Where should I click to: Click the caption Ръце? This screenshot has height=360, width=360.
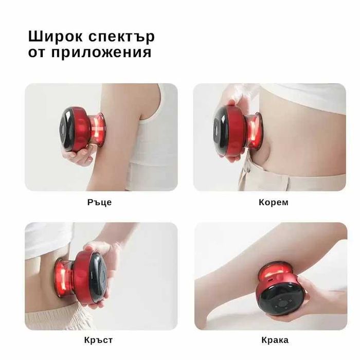(99, 202)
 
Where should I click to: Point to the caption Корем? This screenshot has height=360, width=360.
(274, 202)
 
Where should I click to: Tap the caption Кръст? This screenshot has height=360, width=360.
(98, 340)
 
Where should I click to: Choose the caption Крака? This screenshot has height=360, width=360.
(275, 340)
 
